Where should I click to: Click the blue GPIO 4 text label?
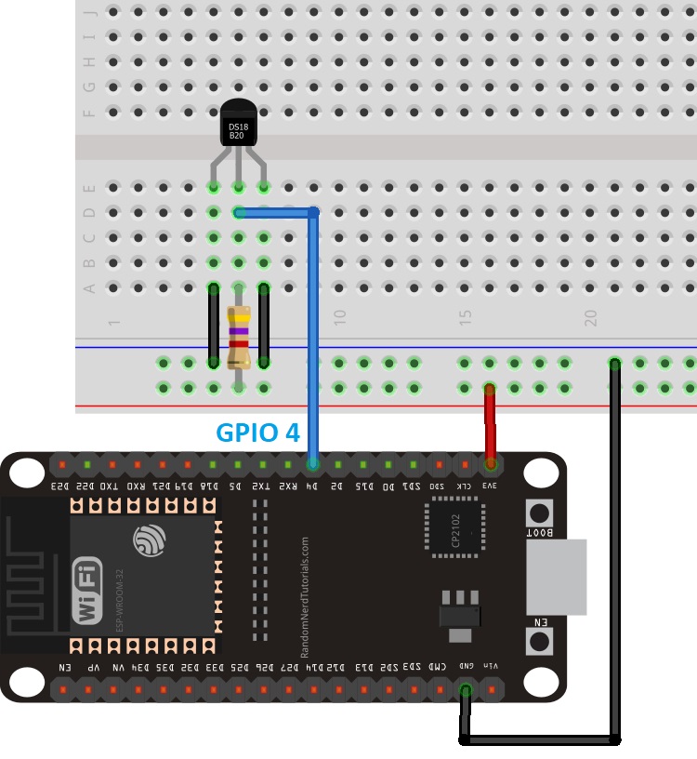coord(257,433)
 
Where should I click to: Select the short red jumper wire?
coord(489,422)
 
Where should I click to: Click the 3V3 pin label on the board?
coord(489,485)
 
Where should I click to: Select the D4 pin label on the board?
coord(313,485)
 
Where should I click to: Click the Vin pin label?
coord(491,667)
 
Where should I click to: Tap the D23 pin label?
coord(59,485)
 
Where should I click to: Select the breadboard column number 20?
coord(590,317)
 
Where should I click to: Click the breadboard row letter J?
coord(90,13)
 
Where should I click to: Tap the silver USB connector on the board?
coord(556,576)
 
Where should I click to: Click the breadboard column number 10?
coord(340,317)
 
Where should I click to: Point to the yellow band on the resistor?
coord(239,318)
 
